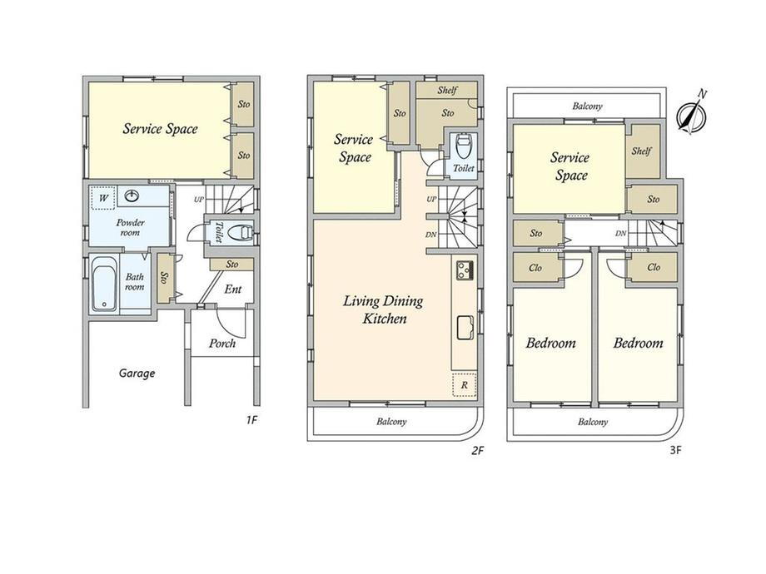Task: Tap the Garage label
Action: [x=137, y=374]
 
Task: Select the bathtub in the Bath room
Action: [x=105, y=284]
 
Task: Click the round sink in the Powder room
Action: [x=132, y=196]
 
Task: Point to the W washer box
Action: [x=103, y=198]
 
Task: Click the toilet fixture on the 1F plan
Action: [x=241, y=232]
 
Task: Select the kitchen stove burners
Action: [x=464, y=270]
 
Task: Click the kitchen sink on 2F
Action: [x=465, y=327]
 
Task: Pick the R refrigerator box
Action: [x=464, y=385]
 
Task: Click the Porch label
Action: [x=222, y=343]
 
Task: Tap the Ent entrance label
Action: [x=233, y=289]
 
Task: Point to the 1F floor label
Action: [x=251, y=420]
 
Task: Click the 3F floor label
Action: [x=675, y=450]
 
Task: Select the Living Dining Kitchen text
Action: [x=384, y=309]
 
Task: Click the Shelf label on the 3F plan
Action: [x=641, y=151]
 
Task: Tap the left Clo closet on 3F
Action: [x=535, y=268]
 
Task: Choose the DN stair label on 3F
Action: [x=620, y=233]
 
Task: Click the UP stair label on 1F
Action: [x=198, y=199]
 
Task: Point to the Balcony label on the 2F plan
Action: [x=391, y=421]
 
